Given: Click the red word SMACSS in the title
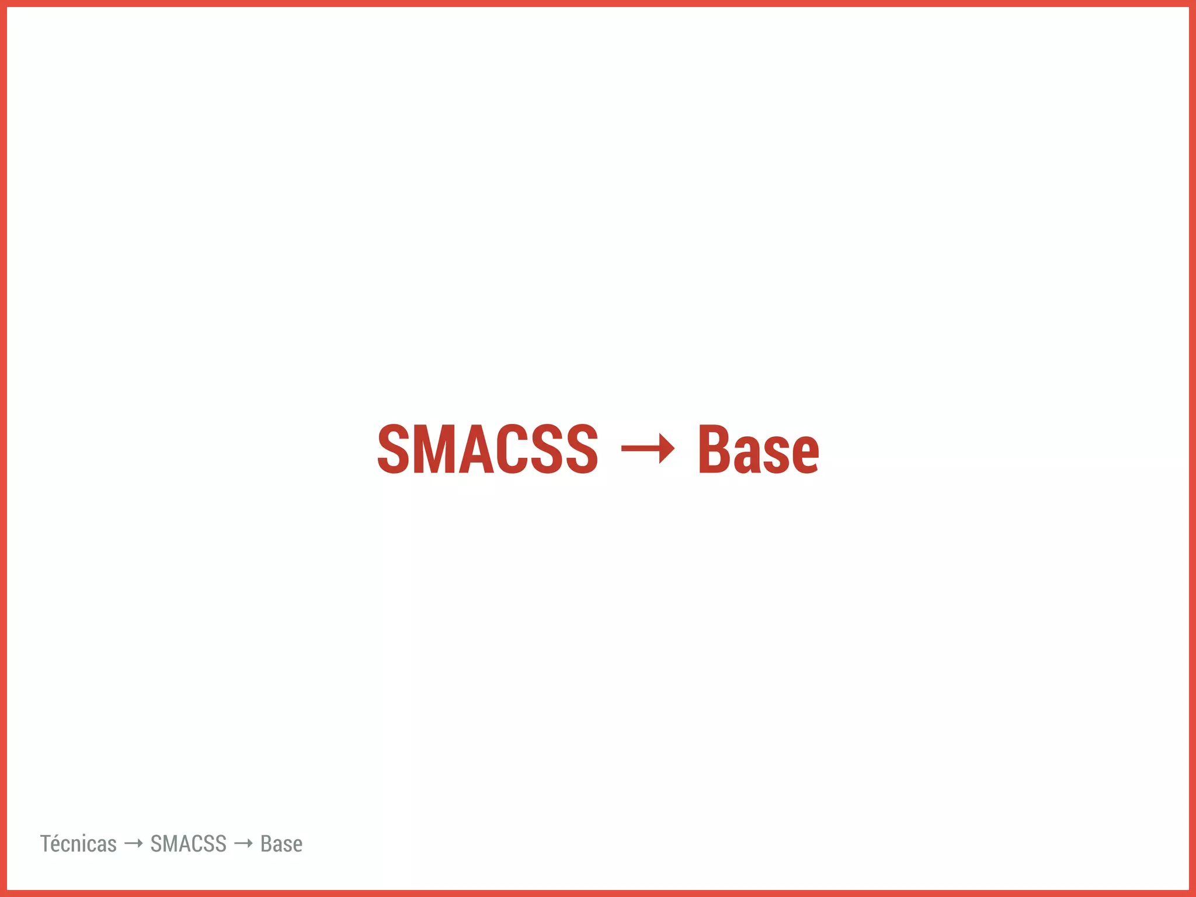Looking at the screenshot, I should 488,448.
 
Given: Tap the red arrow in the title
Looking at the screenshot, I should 648,448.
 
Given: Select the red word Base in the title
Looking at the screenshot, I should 759,448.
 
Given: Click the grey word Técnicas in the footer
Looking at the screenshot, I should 78,844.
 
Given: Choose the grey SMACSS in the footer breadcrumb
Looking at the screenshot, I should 188,844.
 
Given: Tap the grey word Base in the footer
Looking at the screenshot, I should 281,844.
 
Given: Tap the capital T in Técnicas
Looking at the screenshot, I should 46,844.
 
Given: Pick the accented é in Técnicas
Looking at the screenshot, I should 57,845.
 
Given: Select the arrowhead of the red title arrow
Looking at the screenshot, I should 667,448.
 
